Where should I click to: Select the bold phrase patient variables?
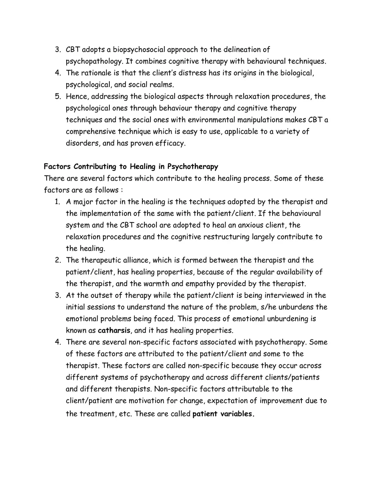[x=223, y=414]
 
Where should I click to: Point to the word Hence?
[x=77, y=96]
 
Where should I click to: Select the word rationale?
[x=96, y=73]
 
